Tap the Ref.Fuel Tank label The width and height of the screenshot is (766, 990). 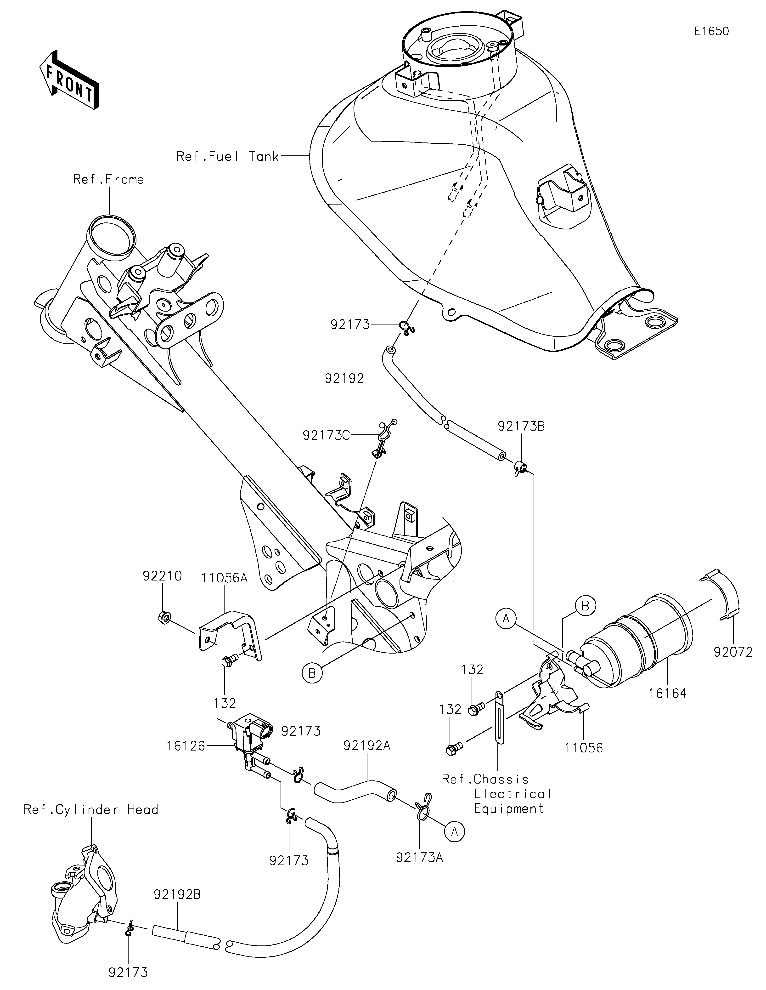tap(228, 157)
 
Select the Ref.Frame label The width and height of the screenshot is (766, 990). tap(109, 180)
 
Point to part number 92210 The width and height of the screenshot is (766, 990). tap(162, 576)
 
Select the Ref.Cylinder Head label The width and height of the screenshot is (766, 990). tap(91, 810)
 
